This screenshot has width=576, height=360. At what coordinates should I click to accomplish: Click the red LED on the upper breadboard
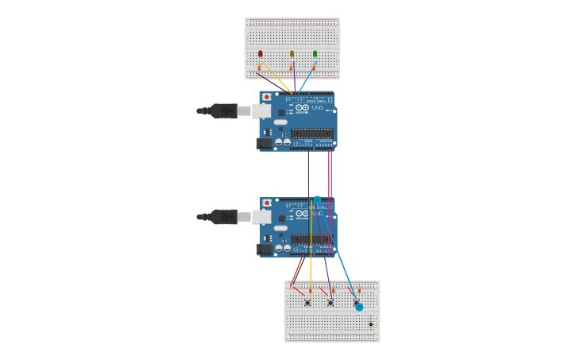[x=260, y=54]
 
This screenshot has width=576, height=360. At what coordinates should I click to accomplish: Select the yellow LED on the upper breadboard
[x=292, y=54]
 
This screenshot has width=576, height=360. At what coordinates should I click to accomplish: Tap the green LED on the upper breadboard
[x=315, y=54]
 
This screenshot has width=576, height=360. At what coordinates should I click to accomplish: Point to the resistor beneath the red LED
[x=258, y=68]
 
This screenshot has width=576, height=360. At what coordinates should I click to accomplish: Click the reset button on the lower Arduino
[x=266, y=203]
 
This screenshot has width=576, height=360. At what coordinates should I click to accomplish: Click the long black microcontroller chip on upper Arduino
[x=311, y=134]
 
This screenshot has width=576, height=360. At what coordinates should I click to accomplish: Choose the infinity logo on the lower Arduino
[x=302, y=213]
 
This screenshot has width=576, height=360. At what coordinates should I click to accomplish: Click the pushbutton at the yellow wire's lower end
[x=307, y=302]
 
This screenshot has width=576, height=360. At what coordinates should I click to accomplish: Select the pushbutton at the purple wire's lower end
[x=331, y=302]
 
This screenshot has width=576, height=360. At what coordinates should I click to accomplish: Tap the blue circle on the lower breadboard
[x=359, y=307]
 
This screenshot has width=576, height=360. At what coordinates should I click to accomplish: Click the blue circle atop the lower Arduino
[x=318, y=199]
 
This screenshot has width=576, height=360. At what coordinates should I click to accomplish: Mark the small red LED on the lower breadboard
[x=370, y=324]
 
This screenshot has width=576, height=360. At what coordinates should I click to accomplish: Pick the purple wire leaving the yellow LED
[x=294, y=79]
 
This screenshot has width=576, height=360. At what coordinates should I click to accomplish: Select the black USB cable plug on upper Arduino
[x=224, y=110]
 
